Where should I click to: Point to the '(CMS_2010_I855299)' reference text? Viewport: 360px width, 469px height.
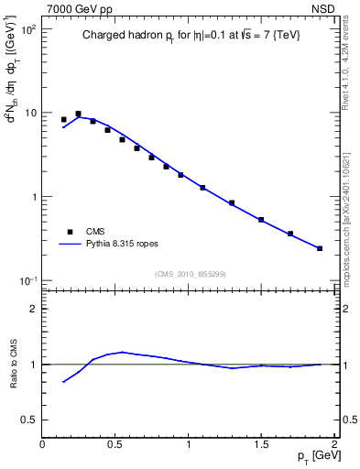coord(191,274)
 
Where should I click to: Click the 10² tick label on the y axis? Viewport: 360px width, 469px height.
coord(27,29)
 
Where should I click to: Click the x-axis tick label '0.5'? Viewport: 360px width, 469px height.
coord(115,445)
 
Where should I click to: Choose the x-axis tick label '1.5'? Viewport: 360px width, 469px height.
coord(261,445)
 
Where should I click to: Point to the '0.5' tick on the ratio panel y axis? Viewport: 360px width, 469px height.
coord(27,420)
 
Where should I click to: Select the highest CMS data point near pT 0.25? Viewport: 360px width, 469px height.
coord(78,114)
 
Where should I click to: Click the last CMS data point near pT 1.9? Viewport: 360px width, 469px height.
coord(320,248)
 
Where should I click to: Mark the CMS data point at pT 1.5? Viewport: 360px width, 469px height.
coord(261,220)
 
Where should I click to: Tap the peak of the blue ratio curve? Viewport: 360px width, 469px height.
coord(122,352)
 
